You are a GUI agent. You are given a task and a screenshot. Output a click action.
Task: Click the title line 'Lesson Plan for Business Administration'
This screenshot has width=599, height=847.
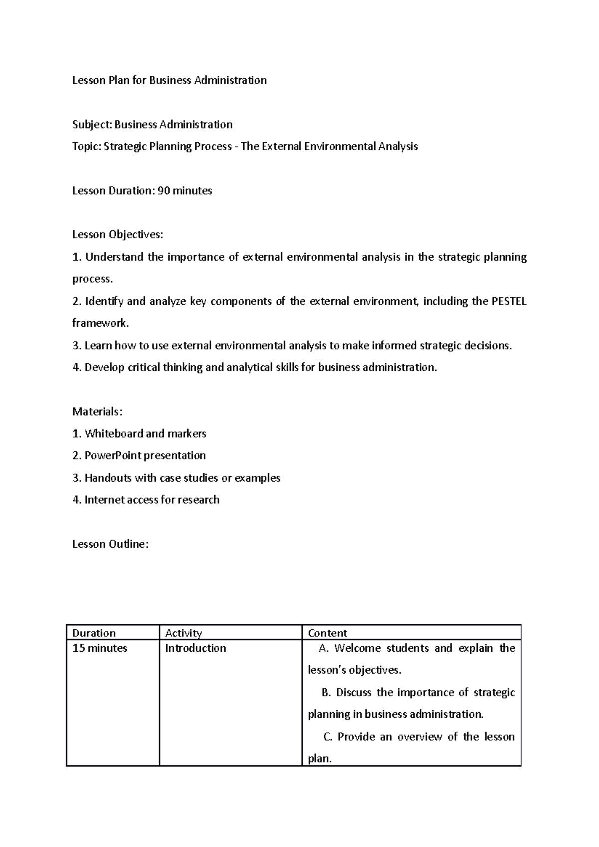[169, 80]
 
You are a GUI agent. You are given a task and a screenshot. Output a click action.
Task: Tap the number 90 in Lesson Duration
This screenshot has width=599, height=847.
[163, 191]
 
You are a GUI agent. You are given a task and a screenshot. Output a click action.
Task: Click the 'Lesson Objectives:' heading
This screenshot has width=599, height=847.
[117, 235]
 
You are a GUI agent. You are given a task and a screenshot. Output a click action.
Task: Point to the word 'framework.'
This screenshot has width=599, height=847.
[100, 323]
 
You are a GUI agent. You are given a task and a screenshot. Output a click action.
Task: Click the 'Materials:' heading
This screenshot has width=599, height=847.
[97, 412]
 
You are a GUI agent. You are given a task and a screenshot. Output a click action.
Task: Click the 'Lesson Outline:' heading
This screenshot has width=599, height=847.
[110, 544]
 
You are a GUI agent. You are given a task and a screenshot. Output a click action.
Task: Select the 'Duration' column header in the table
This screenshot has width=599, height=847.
[94, 633]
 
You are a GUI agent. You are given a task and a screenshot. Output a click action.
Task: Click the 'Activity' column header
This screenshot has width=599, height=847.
[183, 633]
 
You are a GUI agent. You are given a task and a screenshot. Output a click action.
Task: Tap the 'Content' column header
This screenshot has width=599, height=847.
[327, 633]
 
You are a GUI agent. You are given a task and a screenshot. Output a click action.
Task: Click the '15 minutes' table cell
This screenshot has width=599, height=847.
[100, 648]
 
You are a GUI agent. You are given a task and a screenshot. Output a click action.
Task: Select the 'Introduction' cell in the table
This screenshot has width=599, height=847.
[195, 648]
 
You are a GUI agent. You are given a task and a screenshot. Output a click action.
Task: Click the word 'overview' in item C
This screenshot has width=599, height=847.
[419, 737]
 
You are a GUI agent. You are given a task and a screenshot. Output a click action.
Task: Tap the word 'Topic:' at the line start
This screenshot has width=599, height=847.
[87, 147]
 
